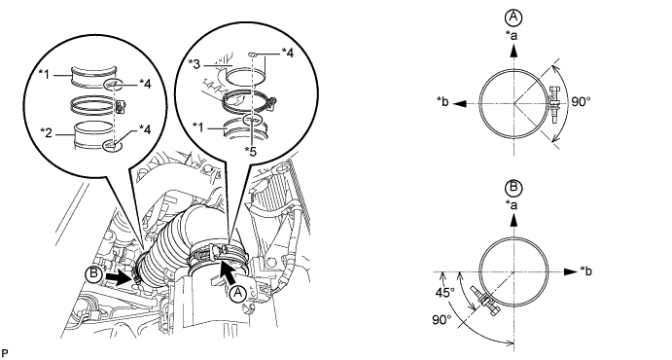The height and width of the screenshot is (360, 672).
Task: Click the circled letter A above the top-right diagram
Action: [513, 18]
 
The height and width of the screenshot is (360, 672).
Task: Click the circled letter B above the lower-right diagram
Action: [513, 188]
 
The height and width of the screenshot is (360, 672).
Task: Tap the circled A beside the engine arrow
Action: [237, 294]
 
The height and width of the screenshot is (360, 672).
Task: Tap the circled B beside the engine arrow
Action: [93, 274]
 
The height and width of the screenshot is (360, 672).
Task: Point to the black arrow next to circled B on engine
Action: [119, 277]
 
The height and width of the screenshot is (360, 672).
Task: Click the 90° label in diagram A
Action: [582, 102]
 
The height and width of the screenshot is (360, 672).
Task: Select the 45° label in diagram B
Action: [444, 293]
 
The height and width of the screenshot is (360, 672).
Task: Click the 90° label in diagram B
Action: [442, 320]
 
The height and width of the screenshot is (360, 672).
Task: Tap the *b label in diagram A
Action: [442, 101]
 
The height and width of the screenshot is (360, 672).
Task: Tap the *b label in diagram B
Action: [586, 271]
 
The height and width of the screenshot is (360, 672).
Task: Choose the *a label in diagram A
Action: [512, 35]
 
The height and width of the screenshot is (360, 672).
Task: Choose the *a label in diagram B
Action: [512, 205]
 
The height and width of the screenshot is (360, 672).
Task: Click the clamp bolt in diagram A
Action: [552, 104]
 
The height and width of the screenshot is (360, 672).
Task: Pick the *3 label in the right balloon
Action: [195, 64]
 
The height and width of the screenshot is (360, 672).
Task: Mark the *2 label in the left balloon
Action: [46, 133]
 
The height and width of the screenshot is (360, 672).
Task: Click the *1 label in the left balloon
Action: [46, 75]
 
